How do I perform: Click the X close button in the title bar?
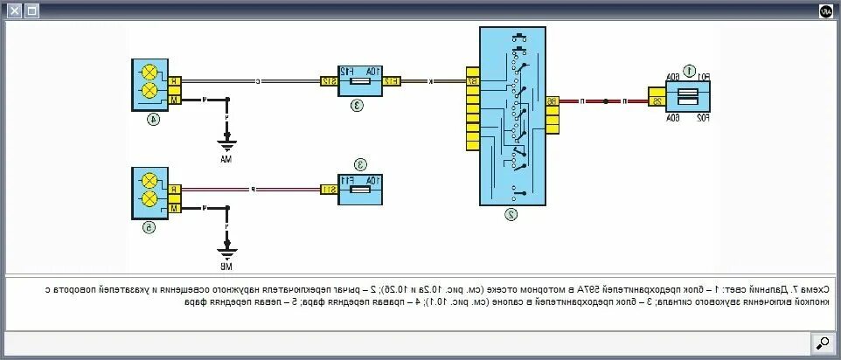click(14, 11)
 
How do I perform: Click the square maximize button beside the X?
click(31, 11)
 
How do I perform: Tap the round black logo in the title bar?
click(825, 11)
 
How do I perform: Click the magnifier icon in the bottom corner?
click(822, 343)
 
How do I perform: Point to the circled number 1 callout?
click(689, 71)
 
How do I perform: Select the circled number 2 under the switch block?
click(511, 212)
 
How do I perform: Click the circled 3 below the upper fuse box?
click(358, 105)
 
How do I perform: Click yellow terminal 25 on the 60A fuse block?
click(656, 101)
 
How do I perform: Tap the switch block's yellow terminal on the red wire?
click(552, 101)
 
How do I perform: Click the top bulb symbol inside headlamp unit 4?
click(149, 73)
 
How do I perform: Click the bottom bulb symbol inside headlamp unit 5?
click(149, 198)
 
